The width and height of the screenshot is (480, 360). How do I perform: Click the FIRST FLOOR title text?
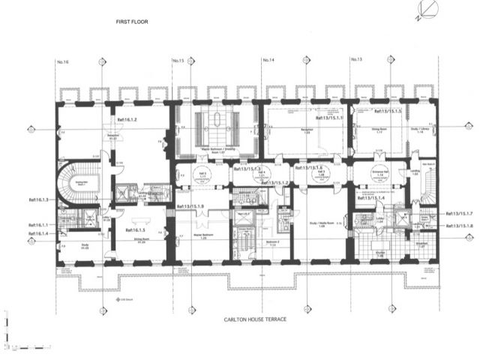coord(132,22)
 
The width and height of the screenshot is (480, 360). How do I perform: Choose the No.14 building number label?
coord(268,60)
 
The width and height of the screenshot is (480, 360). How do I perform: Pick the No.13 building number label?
coord(355,60)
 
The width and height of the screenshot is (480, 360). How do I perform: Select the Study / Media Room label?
coord(321,223)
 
